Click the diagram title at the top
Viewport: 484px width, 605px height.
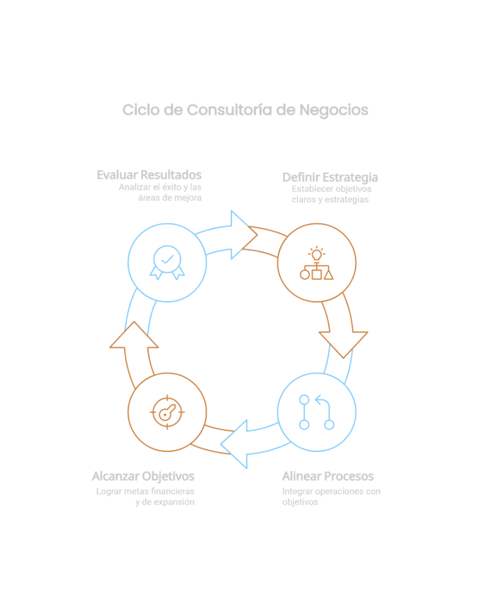(242, 109)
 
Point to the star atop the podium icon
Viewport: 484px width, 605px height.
(318, 252)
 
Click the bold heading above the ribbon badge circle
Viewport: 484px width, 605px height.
(149, 173)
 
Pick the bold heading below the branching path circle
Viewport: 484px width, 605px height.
(328, 478)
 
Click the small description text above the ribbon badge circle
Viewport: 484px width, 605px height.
(160, 192)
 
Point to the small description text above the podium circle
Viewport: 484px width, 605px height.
(330, 199)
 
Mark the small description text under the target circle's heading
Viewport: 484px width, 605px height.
(145, 498)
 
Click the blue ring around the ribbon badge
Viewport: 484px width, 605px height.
(130, 262)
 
